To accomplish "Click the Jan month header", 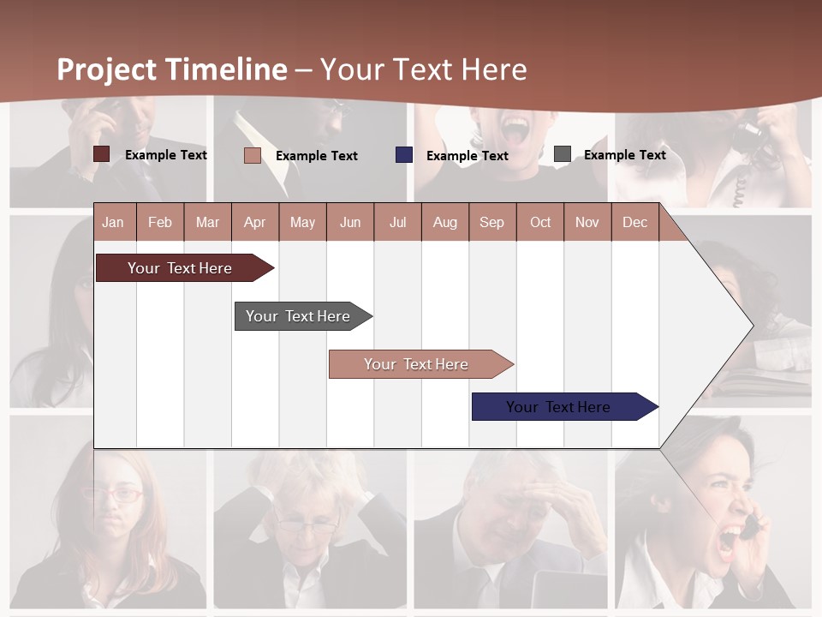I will pos(113,222).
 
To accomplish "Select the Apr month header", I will pos(254,222).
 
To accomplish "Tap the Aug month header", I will pos(444,222).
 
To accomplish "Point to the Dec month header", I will pos(634,222).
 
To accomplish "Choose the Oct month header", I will pos(540,222).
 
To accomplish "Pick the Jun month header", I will pos(349,222).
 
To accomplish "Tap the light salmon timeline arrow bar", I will pos(417,364).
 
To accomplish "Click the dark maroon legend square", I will pos(102,154).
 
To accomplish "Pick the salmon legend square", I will pos(253,155).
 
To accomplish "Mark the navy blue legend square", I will pos(404,155).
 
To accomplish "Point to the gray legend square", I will pos(563,154).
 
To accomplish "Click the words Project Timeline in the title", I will pos(171,69).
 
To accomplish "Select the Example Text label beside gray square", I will pos(624,155).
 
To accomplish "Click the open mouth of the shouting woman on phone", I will pos(730,540).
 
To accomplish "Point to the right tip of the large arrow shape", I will pos(752,325).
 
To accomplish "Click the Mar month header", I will pos(207,222).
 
